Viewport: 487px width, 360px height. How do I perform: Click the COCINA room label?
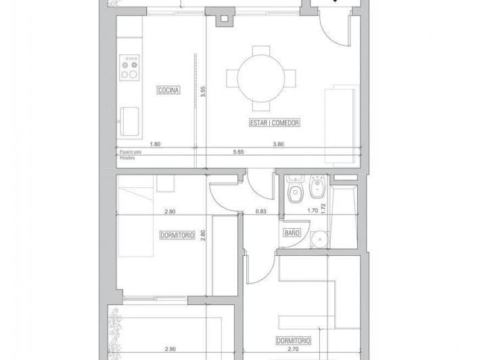tap(168, 90)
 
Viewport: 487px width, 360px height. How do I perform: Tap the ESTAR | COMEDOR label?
tap(273, 123)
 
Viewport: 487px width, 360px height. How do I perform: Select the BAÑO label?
tap(292, 233)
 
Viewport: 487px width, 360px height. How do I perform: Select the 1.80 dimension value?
tap(155, 143)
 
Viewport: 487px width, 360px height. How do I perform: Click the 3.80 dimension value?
tap(278, 143)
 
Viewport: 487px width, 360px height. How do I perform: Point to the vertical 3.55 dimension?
tap(203, 92)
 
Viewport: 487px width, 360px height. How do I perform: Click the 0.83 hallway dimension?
tap(260, 211)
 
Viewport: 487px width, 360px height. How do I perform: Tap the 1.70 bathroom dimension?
tap(312, 211)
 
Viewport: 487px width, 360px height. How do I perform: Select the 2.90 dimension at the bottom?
tap(171, 351)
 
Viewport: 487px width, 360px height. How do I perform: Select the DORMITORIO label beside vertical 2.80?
tap(178, 235)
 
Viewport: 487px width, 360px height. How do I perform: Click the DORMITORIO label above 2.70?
tap(293, 340)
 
